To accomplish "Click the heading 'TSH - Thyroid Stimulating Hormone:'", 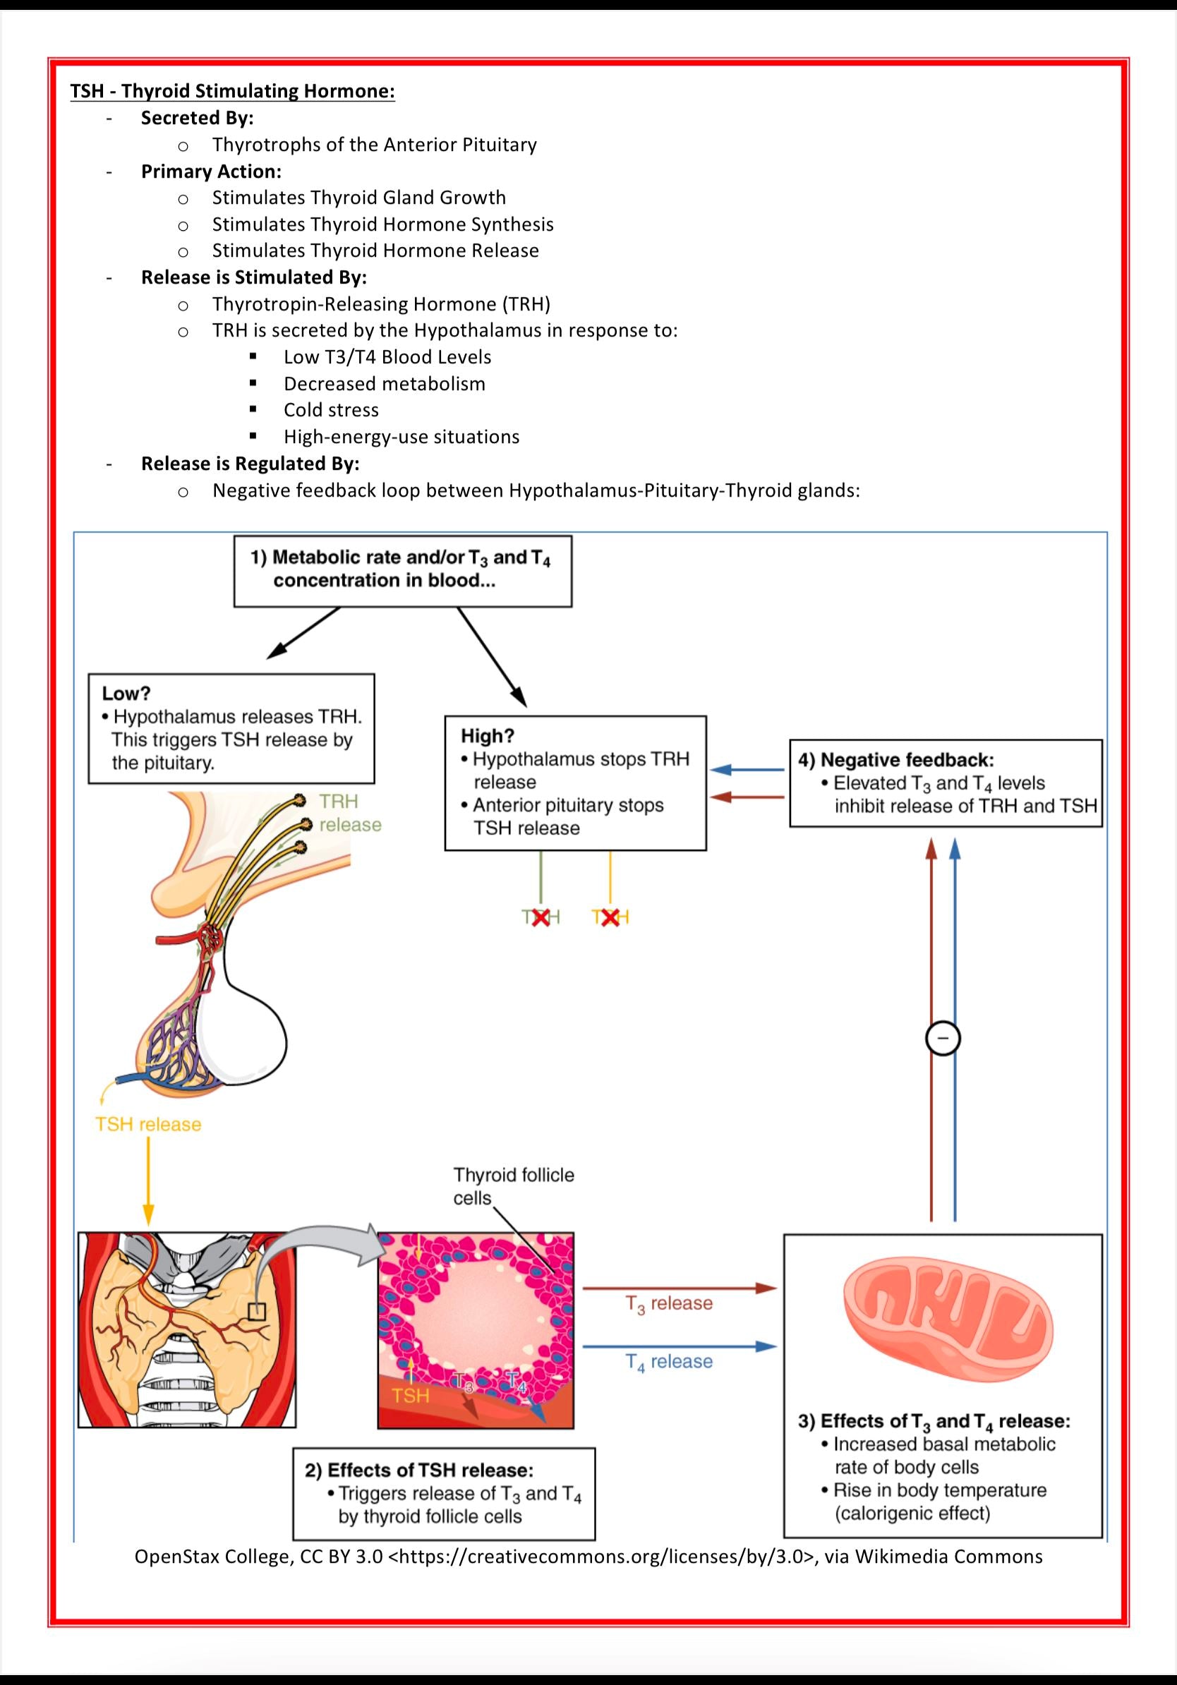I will pos(232,91).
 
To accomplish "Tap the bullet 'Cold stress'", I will pos(331,409).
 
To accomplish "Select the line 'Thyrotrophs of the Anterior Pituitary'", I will pos(374,145).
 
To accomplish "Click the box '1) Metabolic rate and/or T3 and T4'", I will pos(402,569).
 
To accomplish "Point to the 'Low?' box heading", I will pos(126,694).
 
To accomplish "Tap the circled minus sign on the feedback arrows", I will pos(943,1038).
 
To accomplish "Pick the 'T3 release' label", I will pos(668,1303).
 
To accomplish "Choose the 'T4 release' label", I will pos(668,1361).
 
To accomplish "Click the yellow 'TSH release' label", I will pos(148,1124).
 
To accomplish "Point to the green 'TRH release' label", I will pos(349,813).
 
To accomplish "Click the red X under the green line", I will pos(541,917).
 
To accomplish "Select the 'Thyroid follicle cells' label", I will pos(513,1187).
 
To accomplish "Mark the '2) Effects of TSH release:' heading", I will pos(419,1470).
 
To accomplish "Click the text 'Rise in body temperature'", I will pos(939,1490).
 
